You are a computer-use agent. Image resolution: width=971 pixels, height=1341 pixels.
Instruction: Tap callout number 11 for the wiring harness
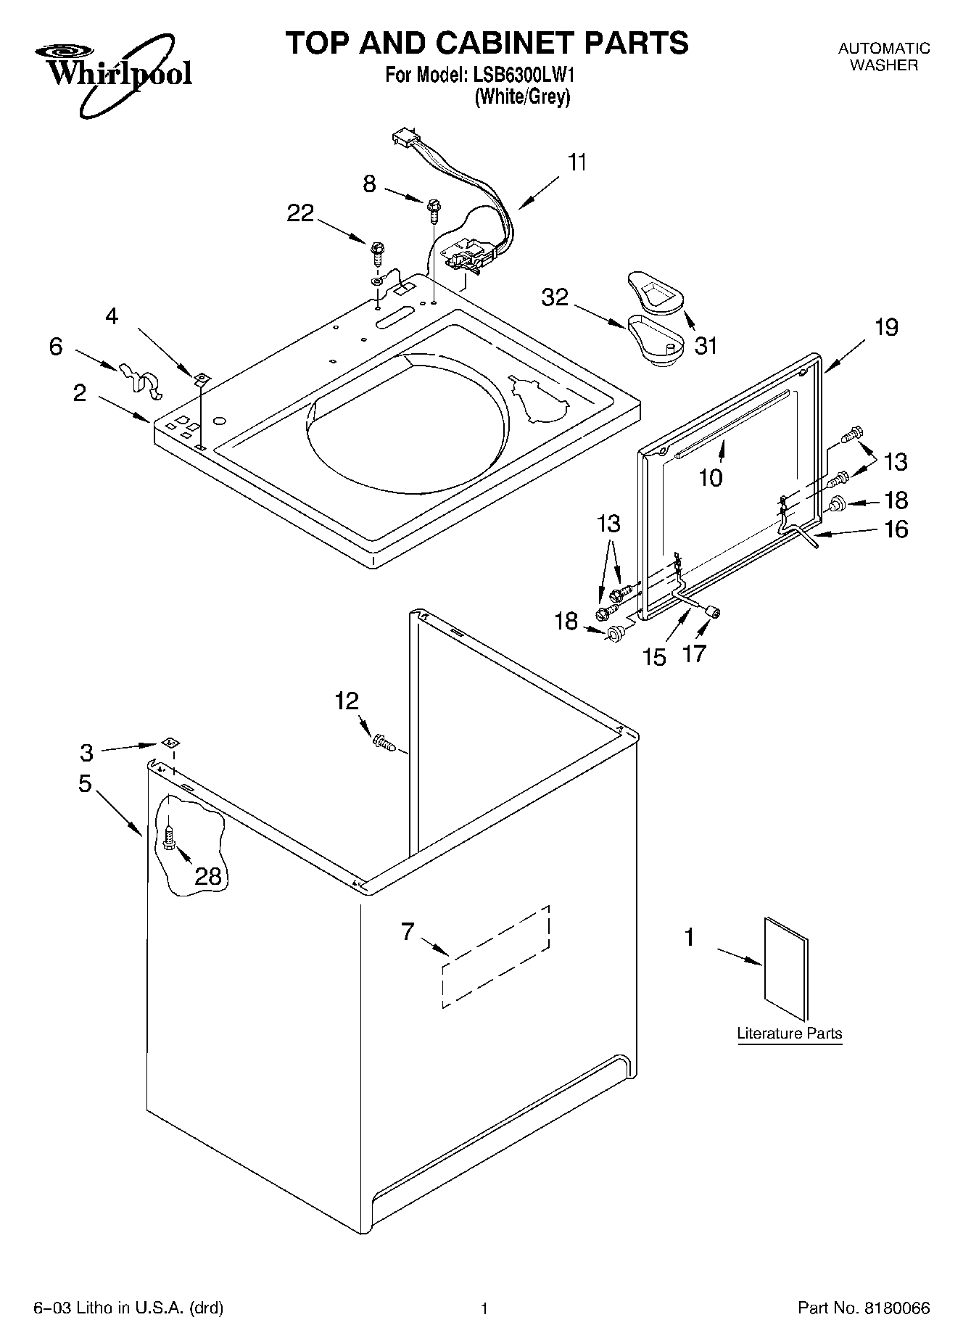tap(577, 163)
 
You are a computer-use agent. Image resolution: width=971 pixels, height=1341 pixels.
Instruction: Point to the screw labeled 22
tap(377, 251)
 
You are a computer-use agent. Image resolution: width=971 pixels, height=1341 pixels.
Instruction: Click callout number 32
tap(555, 297)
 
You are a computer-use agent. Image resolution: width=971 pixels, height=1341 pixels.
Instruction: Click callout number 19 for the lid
tap(886, 327)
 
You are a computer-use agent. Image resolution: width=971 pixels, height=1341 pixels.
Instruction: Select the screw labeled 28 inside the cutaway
tap(169, 838)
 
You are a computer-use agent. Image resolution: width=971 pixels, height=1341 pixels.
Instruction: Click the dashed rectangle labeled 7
tap(496, 956)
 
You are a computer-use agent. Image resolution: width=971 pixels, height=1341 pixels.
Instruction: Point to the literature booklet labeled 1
tap(786, 968)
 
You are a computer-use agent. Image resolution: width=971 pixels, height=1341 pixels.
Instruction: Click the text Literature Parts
tap(789, 1033)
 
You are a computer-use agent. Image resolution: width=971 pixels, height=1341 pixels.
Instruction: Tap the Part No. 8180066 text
tap(863, 1308)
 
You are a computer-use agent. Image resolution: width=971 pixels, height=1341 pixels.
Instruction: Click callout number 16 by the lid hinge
tap(897, 529)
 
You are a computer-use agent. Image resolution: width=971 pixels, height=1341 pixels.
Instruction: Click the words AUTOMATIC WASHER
tap(883, 57)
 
